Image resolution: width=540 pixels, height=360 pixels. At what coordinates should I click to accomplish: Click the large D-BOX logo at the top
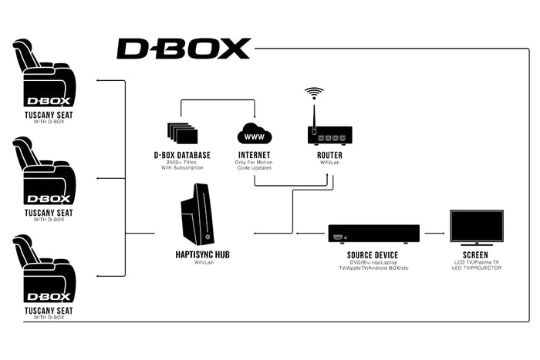point(184,49)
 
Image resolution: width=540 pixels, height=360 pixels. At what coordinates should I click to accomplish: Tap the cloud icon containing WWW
point(255,136)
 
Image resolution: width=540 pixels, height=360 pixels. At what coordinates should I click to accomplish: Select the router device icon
point(329,136)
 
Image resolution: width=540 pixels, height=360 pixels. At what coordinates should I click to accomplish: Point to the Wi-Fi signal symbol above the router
point(313,94)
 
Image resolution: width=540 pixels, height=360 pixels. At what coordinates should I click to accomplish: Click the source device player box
point(374,234)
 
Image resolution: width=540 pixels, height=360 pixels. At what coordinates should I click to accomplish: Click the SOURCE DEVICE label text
point(373,254)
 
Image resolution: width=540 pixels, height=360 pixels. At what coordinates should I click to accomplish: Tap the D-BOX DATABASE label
point(182,155)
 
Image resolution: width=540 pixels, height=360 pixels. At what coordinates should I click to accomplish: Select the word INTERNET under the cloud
point(255,155)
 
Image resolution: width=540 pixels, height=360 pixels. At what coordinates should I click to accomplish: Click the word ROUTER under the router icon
point(329,155)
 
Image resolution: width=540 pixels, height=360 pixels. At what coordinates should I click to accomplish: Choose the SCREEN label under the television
point(475,254)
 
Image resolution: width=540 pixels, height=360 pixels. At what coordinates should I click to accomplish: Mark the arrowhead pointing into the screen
point(444,233)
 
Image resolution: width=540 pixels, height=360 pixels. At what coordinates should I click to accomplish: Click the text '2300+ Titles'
point(182,162)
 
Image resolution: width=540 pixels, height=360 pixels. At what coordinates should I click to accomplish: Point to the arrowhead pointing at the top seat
point(98,79)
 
